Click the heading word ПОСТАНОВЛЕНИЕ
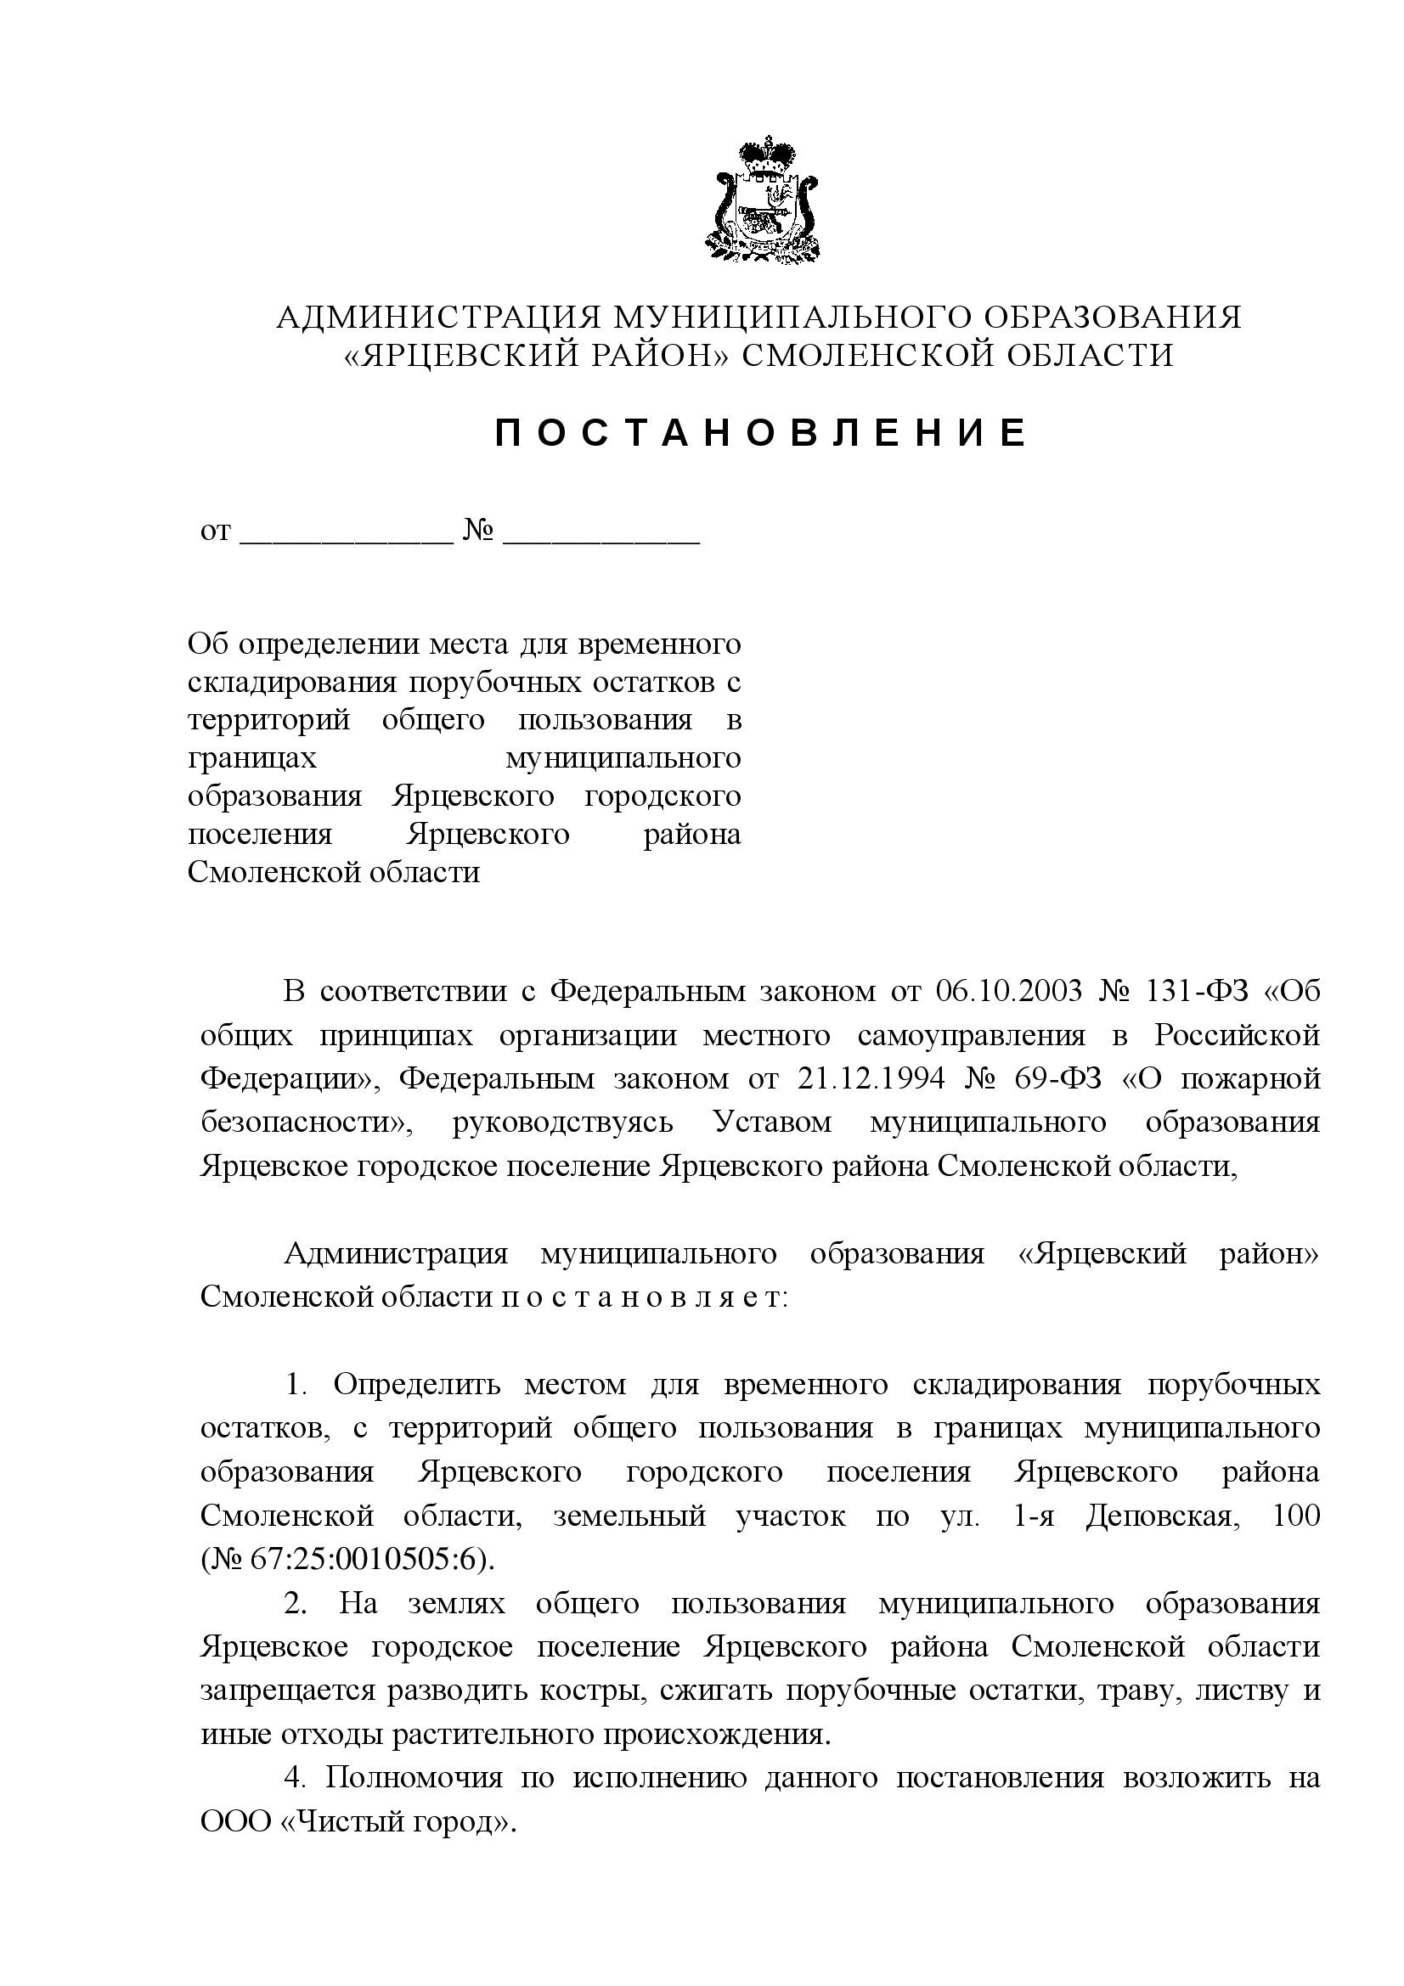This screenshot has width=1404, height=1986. coord(761,432)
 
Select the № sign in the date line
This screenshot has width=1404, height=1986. coord(478,530)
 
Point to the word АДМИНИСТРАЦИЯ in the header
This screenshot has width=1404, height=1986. coord(438,318)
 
